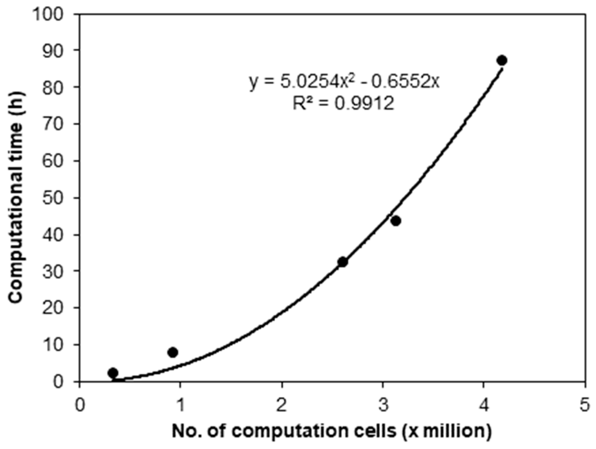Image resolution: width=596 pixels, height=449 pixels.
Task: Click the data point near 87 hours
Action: coord(502,60)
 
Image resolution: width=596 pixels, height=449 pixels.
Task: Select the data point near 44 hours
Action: coord(396,221)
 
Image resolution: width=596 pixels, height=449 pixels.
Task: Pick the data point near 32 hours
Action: coord(343,262)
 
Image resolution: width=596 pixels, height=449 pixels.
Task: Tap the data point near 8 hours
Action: coord(172,352)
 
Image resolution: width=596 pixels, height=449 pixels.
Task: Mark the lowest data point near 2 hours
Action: coord(113,373)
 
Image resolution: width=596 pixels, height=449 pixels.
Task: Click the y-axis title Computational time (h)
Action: coord(16,197)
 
